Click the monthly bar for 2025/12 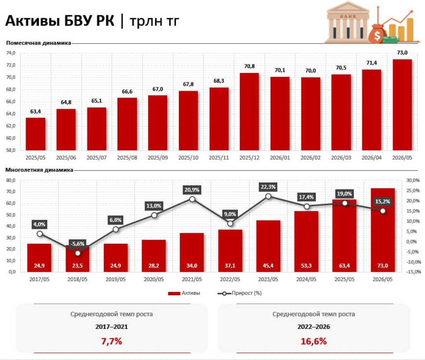click(249, 112)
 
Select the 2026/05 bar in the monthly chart click(402, 105)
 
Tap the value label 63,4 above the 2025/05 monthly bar click(36, 111)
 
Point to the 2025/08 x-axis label click(127, 158)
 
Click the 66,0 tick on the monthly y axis click(11, 102)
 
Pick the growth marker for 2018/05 click(78, 253)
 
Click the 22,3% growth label click(268, 187)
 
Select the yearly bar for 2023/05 click(269, 246)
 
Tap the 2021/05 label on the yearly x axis click(192, 279)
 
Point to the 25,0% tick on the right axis click(413, 190)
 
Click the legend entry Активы click(184, 293)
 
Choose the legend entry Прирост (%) click(239, 293)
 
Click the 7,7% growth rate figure click(111, 341)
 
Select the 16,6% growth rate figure click(314, 341)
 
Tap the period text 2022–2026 click(314, 327)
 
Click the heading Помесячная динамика click(39, 43)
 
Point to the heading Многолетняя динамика click(39, 170)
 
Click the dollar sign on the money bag click(377, 36)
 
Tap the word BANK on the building click(348, 17)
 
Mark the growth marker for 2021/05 click(192, 199)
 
